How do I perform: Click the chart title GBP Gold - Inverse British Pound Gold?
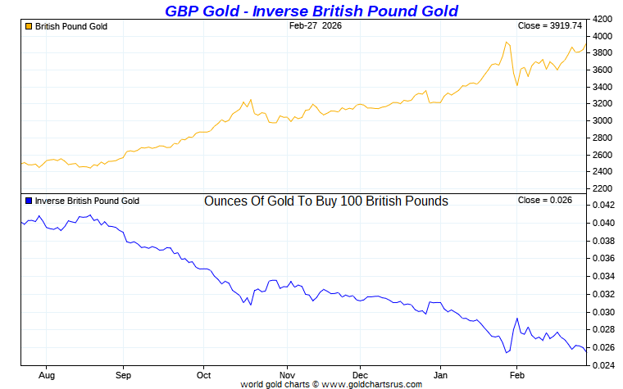(x=311, y=11)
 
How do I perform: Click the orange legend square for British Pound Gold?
(x=29, y=26)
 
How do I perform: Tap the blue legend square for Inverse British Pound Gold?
(x=29, y=201)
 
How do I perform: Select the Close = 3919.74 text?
(x=550, y=26)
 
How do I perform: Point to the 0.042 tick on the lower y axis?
(x=603, y=206)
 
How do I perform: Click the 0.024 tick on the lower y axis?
(x=603, y=365)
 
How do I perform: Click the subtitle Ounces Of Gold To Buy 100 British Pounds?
(x=325, y=201)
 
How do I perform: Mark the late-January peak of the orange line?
(x=507, y=43)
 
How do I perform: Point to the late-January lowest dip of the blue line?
(x=507, y=353)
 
